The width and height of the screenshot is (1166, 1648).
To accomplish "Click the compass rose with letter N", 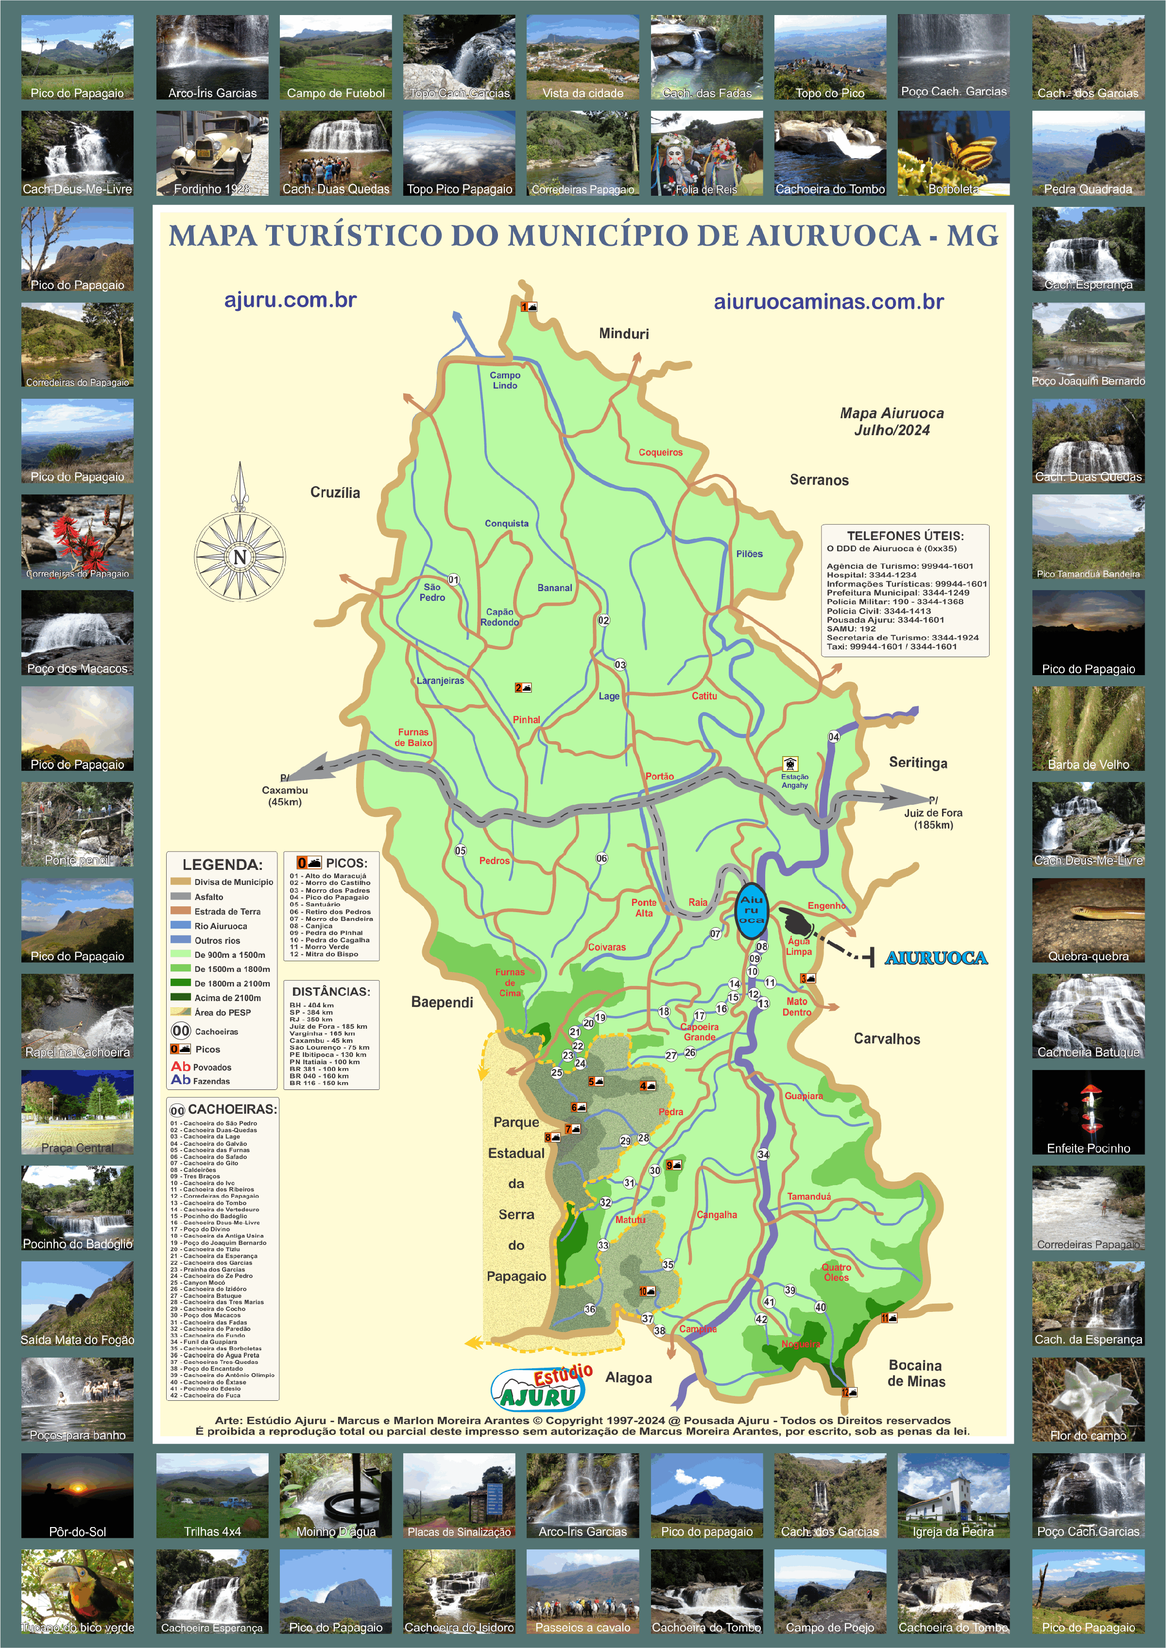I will click(x=240, y=556).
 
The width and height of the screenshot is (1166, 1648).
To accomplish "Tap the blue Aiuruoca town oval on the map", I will click(x=751, y=910).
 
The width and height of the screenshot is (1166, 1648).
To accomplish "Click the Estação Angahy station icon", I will click(x=790, y=763).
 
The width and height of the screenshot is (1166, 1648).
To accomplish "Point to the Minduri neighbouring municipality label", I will click(x=623, y=334).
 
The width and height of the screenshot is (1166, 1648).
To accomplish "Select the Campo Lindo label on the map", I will click(x=505, y=380).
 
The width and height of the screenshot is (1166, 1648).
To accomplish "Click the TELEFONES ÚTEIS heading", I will click(x=905, y=535).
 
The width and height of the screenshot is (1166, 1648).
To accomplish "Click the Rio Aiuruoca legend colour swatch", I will click(x=180, y=926).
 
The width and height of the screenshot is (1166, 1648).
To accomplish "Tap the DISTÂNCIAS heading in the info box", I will click(x=331, y=991).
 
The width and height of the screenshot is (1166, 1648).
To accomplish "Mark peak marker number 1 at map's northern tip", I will click(x=529, y=307).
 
